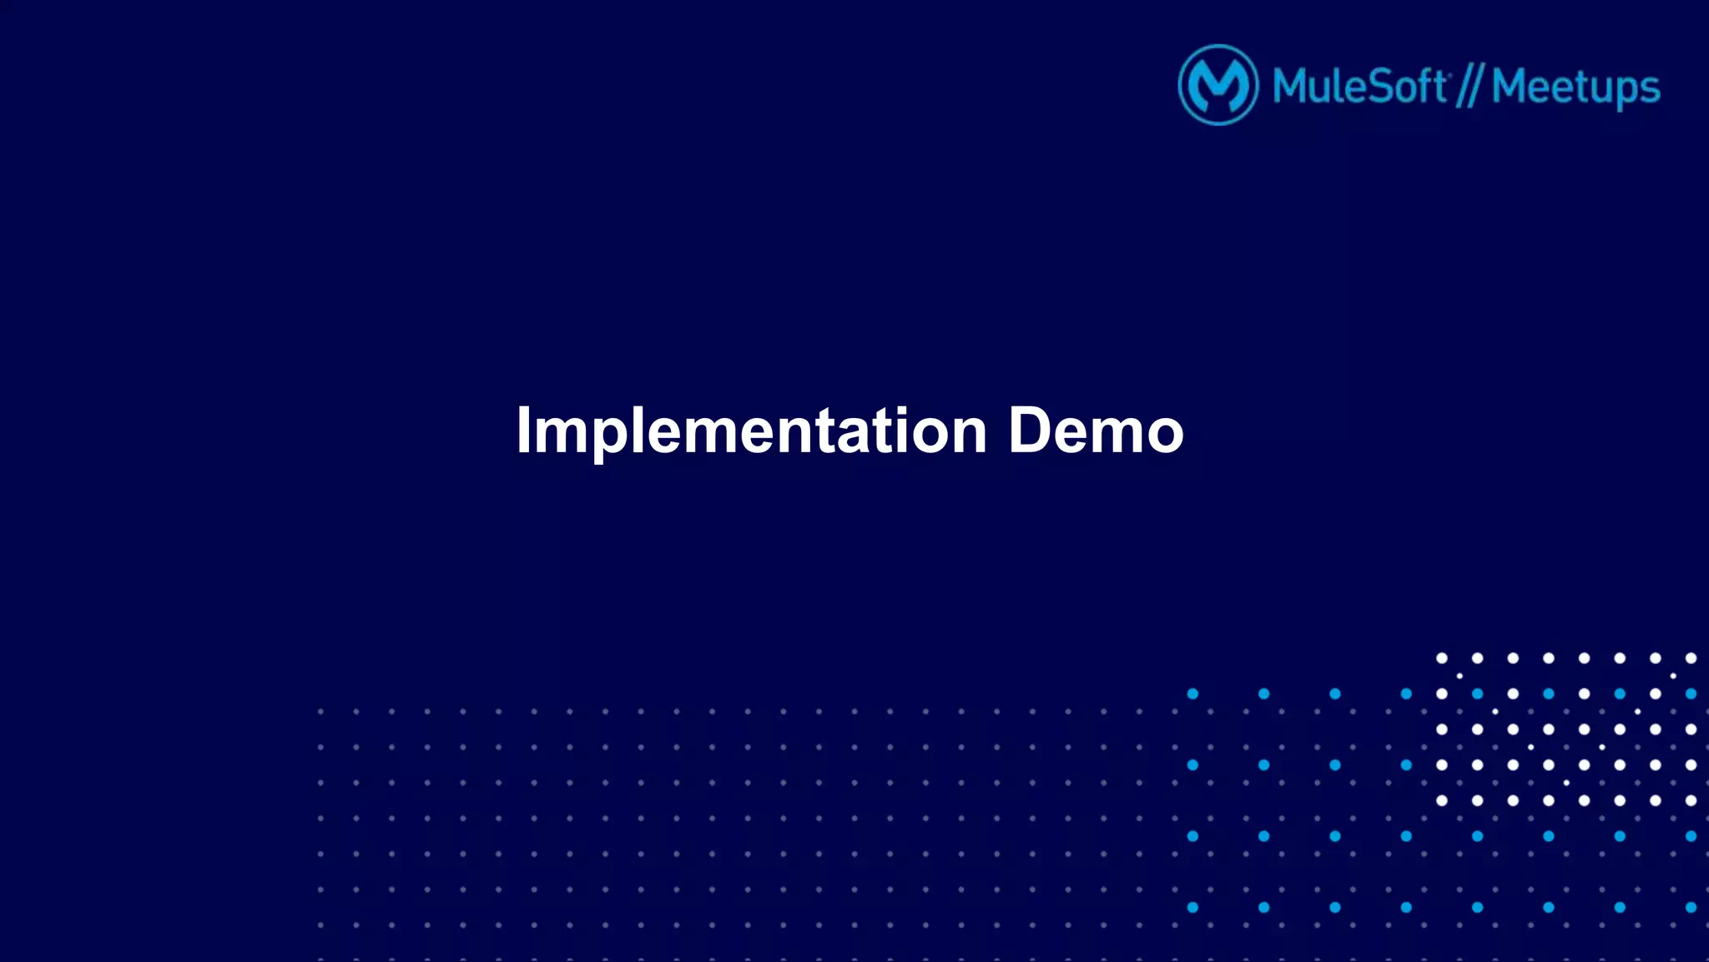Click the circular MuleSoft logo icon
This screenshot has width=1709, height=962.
(x=1217, y=85)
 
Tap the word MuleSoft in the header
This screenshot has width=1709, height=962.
(x=1359, y=87)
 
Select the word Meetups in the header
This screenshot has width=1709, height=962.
(x=1575, y=88)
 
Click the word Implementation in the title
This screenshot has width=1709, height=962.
(x=751, y=431)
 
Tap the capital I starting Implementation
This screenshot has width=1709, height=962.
(x=523, y=431)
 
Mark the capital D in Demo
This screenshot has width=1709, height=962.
(x=1031, y=431)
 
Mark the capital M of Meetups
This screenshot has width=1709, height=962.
(x=1510, y=87)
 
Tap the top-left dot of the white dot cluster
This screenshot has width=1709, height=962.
(x=1441, y=658)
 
